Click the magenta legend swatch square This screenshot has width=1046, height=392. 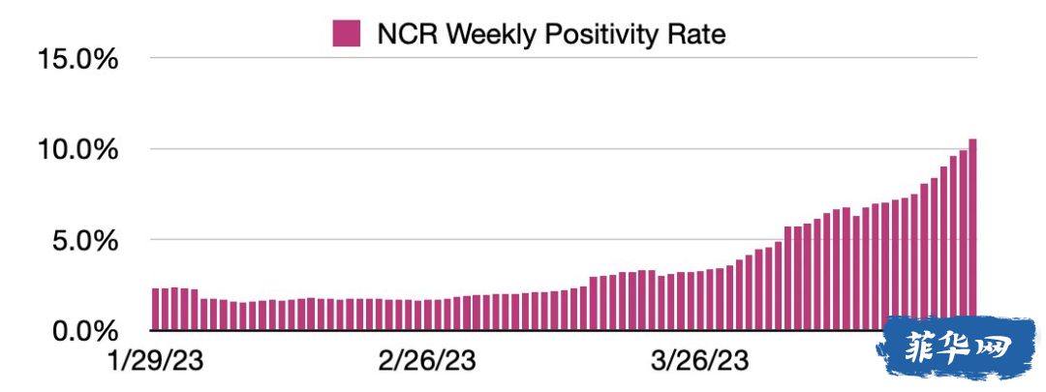346,33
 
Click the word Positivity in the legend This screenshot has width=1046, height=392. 594,33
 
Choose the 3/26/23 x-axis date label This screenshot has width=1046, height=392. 697,362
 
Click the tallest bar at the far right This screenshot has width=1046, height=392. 972,234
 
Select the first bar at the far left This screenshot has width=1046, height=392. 156,310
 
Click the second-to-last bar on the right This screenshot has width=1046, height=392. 963,240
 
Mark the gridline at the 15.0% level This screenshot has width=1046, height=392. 564,58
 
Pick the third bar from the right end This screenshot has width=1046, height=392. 953,243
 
